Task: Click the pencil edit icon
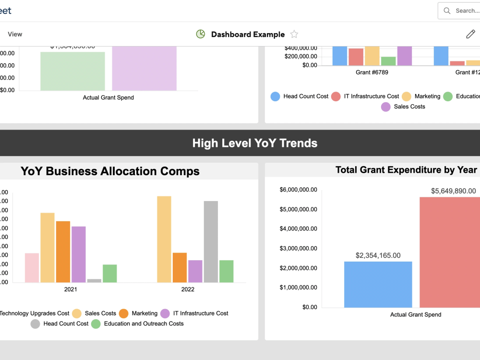tap(470, 34)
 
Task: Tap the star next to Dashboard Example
tap(294, 34)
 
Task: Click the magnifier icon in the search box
tap(447, 11)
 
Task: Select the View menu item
tap(15, 34)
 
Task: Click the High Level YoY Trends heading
tap(254, 143)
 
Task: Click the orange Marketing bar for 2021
tap(63, 252)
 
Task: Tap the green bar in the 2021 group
tap(109, 273)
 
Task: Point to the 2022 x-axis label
tap(188, 289)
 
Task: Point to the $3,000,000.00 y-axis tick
tap(298, 248)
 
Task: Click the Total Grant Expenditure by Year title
tap(406, 170)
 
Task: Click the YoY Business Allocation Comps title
tap(110, 171)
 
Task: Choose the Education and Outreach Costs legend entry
tap(137, 324)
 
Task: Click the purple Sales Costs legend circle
tap(386, 107)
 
